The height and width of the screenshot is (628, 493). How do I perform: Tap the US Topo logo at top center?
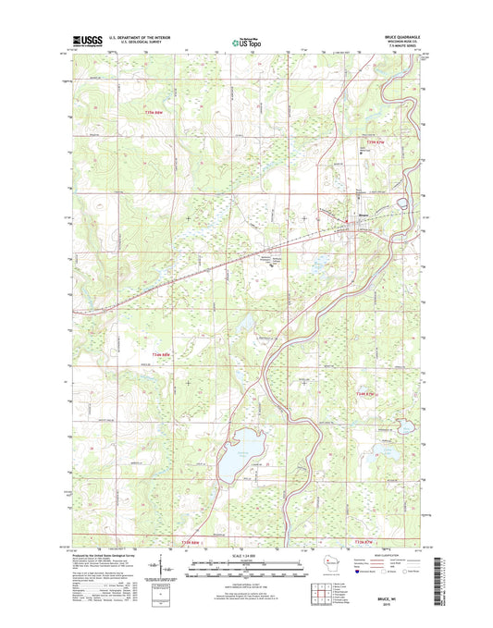(246, 41)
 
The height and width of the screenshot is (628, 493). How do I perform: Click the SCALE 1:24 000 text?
(245, 557)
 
